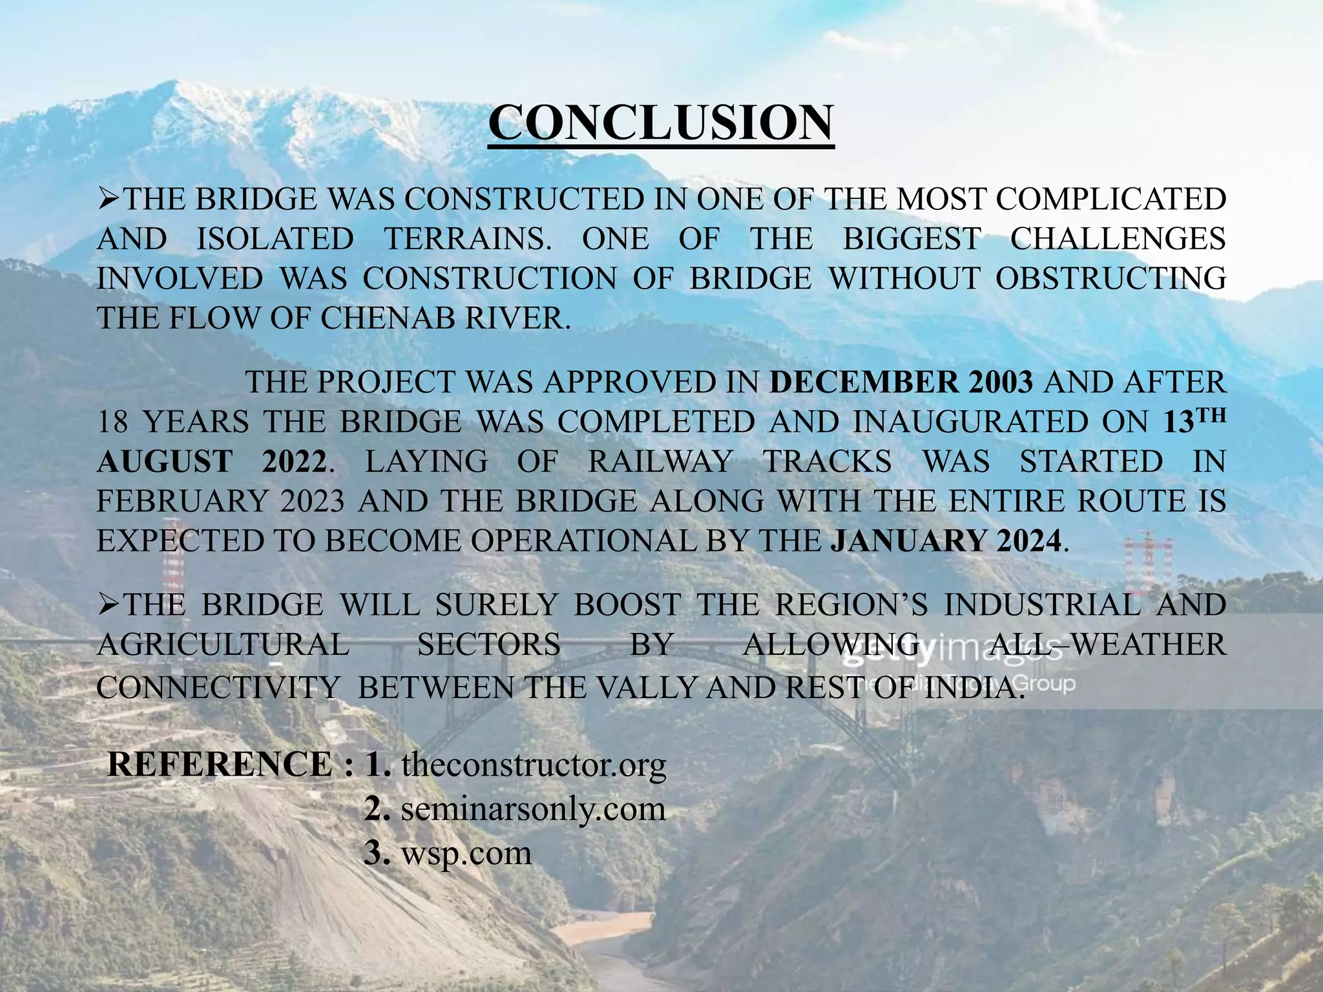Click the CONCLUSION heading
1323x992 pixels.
pos(661,123)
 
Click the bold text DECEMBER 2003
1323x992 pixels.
pos(901,383)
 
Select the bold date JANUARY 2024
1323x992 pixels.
pos(946,541)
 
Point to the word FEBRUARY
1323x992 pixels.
pos(182,502)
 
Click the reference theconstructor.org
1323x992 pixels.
pos(533,765)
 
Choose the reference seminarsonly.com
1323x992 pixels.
pos(533,809)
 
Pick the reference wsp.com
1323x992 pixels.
pos(466,853)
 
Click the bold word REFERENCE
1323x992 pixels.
pos(220,765)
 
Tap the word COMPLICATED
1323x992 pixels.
pos(1110,199)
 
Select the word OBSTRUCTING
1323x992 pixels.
pos(1110,278)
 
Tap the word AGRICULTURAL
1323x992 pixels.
pos(223,645)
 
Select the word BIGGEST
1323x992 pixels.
pos(912,239)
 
